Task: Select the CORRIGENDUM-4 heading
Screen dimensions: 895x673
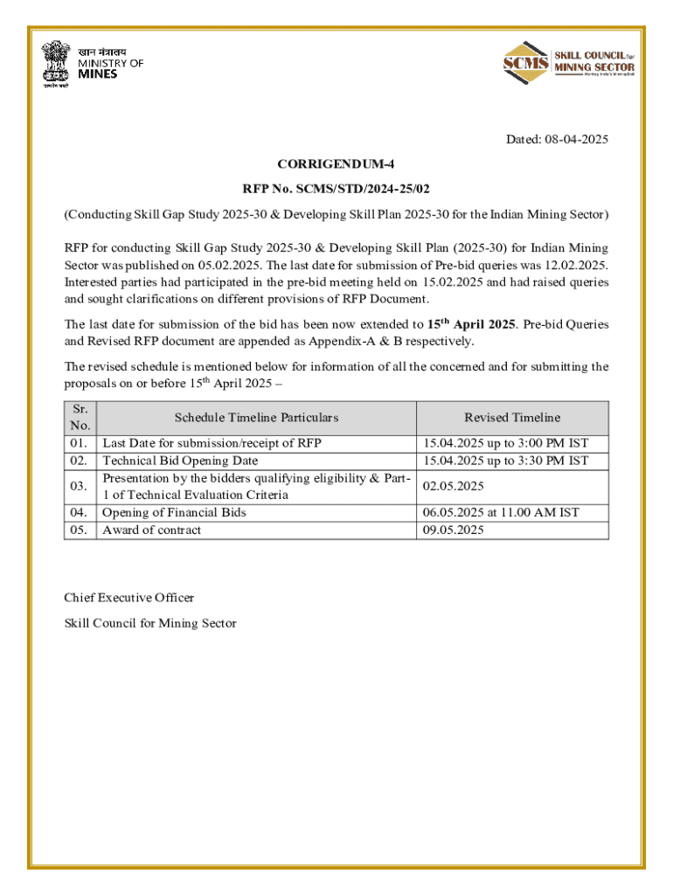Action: [x=336, y=163]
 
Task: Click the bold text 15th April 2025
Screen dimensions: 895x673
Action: [x=472, y=324]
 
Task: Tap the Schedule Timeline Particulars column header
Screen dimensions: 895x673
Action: [x=256, y=418]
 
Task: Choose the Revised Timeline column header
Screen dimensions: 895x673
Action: [x=512, y=418]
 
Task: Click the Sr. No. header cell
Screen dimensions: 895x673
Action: [x=80, y=418]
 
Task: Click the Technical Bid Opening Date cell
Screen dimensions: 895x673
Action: [x=181, y=461]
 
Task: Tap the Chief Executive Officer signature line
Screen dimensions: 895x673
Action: [x=129, y=598]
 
